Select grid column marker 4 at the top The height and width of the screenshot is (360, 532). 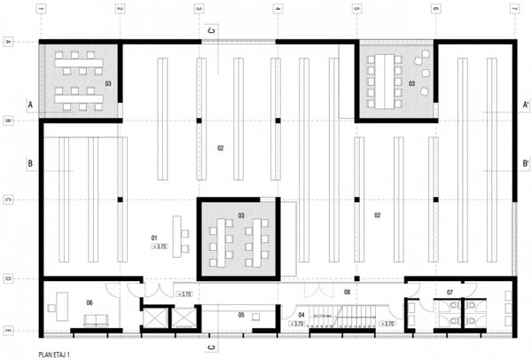click(278, 9)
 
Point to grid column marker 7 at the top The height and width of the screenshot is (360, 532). click(514, 9)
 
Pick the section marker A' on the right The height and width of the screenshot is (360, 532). click(527, 105)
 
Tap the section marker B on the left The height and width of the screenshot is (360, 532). click(30, 164)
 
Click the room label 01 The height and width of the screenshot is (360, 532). click(154, 238)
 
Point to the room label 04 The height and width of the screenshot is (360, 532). click(301, 314)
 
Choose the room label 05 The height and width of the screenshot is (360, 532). click(241, 314)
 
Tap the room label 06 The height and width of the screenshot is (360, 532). click(90, 303)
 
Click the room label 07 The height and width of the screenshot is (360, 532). click(450, 292)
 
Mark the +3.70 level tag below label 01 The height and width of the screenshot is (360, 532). click(160, 247)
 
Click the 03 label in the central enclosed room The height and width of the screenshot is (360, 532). click(241, 215)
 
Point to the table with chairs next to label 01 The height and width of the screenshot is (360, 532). click(183, 235)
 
